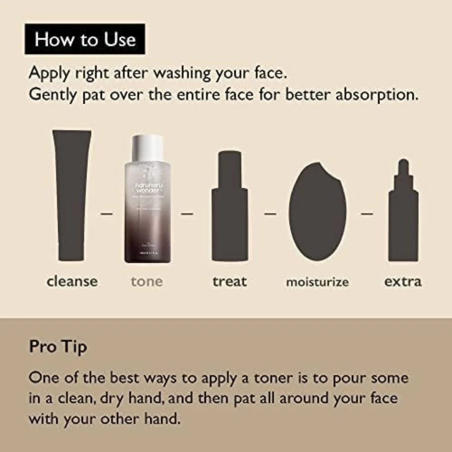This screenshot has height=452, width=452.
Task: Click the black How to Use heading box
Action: click(x=85, y=39)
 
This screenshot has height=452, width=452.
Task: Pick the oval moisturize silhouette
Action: click(x=318, y=211)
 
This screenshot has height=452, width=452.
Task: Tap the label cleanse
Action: click(x=72, y=281)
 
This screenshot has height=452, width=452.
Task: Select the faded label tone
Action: click(x=146, y=281)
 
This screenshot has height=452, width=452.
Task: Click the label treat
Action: click(x=230, y=281)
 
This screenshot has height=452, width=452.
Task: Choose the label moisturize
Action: click(x=317, y=282)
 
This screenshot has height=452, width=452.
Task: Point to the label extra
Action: click(x=403, y=281)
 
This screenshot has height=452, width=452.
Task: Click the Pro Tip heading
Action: click(x=58, y=347)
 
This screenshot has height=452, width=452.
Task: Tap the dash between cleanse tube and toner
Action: click(x=107, y=213)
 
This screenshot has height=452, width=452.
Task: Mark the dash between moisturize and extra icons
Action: click(x=367, y=213)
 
